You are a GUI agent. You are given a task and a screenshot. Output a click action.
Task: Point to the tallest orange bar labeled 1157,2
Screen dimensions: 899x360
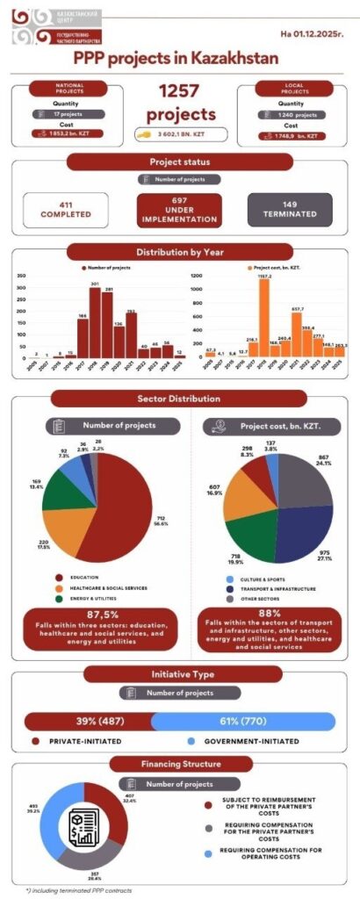pyautogui.click(x=263, y=316)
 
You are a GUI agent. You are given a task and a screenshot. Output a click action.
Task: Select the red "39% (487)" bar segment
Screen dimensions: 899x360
pyautogui.click(x=87, y=721)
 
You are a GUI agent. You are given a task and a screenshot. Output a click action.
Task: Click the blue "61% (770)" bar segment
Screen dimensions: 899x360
pyautogui.click(x=243, y=721)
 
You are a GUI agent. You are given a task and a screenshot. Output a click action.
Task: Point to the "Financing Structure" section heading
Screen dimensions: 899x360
pyautogui.click(x=180, y=763)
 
